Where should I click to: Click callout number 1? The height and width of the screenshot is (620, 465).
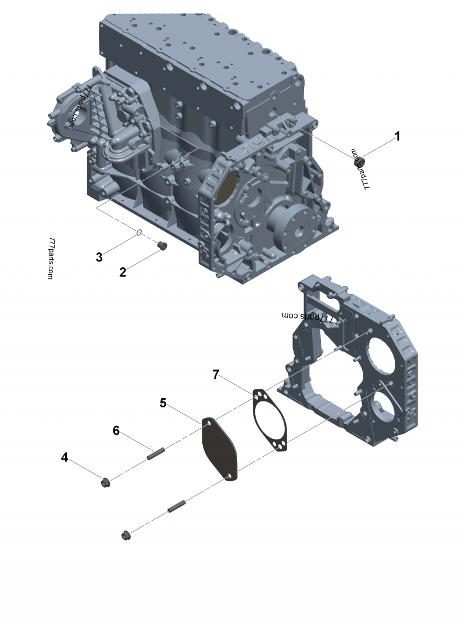point(398,137)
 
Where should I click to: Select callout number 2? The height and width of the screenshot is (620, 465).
point(123,272)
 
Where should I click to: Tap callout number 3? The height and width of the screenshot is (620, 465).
point(99,257)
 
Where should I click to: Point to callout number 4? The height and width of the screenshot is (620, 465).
point(65,457)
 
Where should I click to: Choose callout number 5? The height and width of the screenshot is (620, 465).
point(163,403)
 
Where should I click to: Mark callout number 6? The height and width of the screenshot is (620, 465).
point(116,430)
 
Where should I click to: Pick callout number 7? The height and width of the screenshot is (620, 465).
point(216,374)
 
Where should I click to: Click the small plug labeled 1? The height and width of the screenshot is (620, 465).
point(358,162)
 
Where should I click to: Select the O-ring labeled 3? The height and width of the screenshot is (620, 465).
point(139,232)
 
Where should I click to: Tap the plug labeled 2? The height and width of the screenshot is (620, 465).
point(162,246)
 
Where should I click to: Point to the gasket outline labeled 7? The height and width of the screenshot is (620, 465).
point(254,411)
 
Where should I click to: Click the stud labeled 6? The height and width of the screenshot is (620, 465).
point(156,453)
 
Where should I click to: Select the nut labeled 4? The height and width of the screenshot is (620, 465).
point(105,483)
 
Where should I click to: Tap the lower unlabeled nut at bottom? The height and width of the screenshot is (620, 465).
point(126,536)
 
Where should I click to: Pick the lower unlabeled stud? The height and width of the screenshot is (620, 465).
point(177,506)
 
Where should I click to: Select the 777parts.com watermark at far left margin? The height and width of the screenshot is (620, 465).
point(50,259)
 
